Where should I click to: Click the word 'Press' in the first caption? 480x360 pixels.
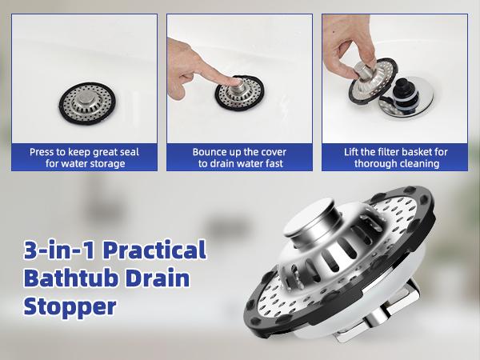pos(43,151)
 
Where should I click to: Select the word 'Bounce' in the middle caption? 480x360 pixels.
pos(210,151)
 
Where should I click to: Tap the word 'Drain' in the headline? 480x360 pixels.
pos(159,280)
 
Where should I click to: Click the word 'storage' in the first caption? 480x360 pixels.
pos(106,164)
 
